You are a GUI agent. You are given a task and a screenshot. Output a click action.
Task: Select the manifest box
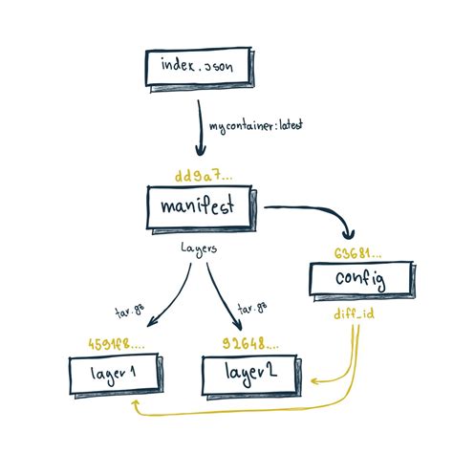202,206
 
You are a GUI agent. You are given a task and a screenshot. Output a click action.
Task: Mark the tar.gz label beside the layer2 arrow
250,309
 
